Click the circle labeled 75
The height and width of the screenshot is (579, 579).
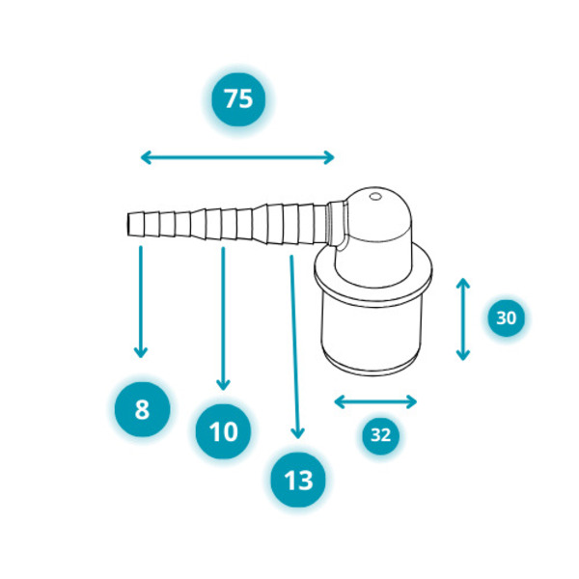(238, 99)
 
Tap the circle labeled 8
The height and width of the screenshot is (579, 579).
(142, 409)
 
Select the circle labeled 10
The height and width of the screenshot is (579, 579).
(224, 431)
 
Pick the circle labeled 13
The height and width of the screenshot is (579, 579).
(298, 480)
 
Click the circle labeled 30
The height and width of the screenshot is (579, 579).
(506, 317)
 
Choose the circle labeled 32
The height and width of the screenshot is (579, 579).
(381, 435)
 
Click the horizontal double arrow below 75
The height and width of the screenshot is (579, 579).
(237, 157)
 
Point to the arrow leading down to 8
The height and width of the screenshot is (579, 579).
(141, 302)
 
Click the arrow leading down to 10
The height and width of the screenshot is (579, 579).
(223, 318)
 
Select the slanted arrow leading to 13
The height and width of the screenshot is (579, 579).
(294, 347)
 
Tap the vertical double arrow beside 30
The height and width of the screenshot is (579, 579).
(462, 319)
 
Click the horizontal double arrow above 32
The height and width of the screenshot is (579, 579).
(375, 401)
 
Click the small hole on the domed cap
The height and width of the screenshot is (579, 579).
(375, 197)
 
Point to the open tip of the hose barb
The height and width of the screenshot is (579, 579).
(129, 224)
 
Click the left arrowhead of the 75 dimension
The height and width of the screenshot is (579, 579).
(145, 157)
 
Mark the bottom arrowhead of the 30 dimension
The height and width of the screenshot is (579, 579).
(462, 356)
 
